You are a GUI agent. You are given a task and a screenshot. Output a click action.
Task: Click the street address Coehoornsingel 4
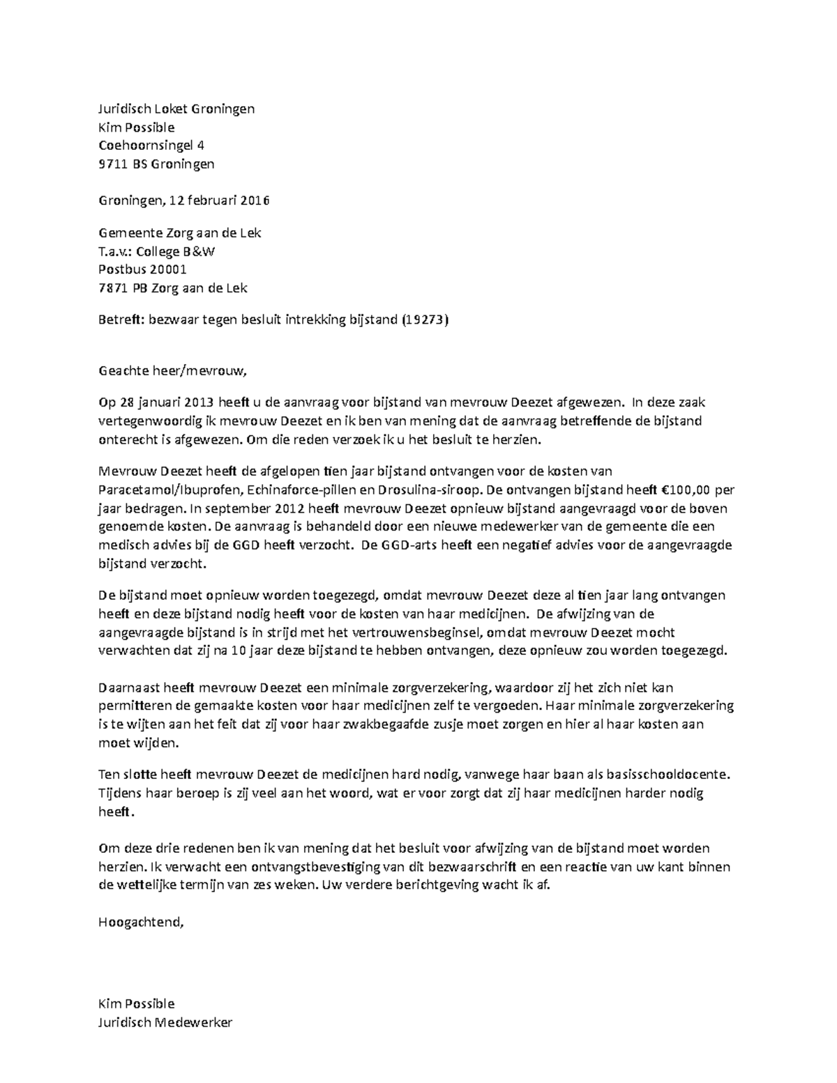coord(151,146)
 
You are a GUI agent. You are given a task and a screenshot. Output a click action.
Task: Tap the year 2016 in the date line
coord(255,201)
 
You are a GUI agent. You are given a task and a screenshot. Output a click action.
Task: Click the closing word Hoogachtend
coord(141,922)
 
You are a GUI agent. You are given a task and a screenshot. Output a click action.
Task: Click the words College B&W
coord(175,252)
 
